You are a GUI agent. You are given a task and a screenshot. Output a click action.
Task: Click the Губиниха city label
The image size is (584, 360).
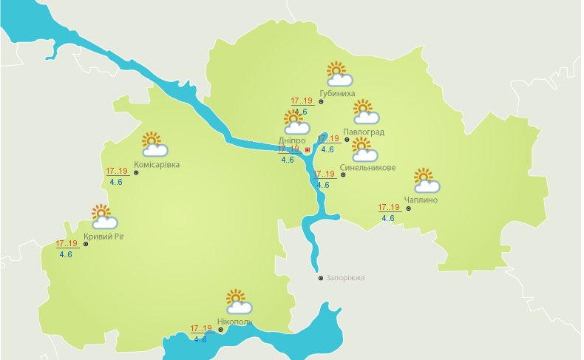[x=337, y=94]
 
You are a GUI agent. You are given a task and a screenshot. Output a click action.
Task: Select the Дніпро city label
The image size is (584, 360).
[x=292, y=140]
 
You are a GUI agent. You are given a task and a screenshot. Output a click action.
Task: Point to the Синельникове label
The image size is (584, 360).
[x=367, y=168]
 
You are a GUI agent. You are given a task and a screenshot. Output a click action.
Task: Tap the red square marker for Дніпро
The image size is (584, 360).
[x=308, y=149]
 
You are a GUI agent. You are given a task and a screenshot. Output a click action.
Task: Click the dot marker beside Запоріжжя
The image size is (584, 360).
[x=320, y=279]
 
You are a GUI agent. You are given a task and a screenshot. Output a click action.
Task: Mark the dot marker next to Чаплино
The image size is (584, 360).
[x=408, y=208]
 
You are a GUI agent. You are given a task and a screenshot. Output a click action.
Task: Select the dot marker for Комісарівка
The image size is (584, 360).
[x=136, y=172]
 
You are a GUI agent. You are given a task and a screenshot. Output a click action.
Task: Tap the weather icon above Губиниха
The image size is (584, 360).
[x=339, y=74]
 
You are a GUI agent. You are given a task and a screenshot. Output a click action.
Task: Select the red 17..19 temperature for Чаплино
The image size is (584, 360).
[x=389, y=207]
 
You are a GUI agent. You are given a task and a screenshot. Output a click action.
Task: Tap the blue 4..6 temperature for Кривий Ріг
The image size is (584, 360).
[x=66, y=254]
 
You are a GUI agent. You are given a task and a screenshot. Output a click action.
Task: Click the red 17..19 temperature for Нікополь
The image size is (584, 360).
[x=201, y=329]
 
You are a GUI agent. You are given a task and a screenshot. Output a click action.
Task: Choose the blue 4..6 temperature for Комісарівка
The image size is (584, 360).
[x=116, y=182]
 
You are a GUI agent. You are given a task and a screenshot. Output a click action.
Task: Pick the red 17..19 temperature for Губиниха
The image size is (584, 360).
[x=302, y=101]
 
